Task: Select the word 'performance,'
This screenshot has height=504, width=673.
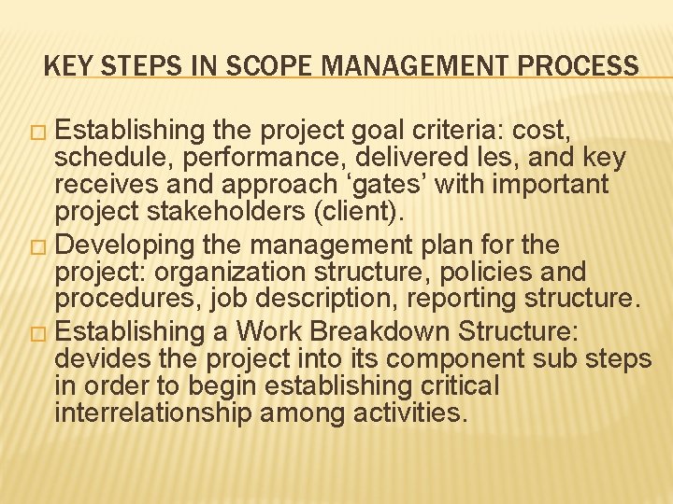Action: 245,158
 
